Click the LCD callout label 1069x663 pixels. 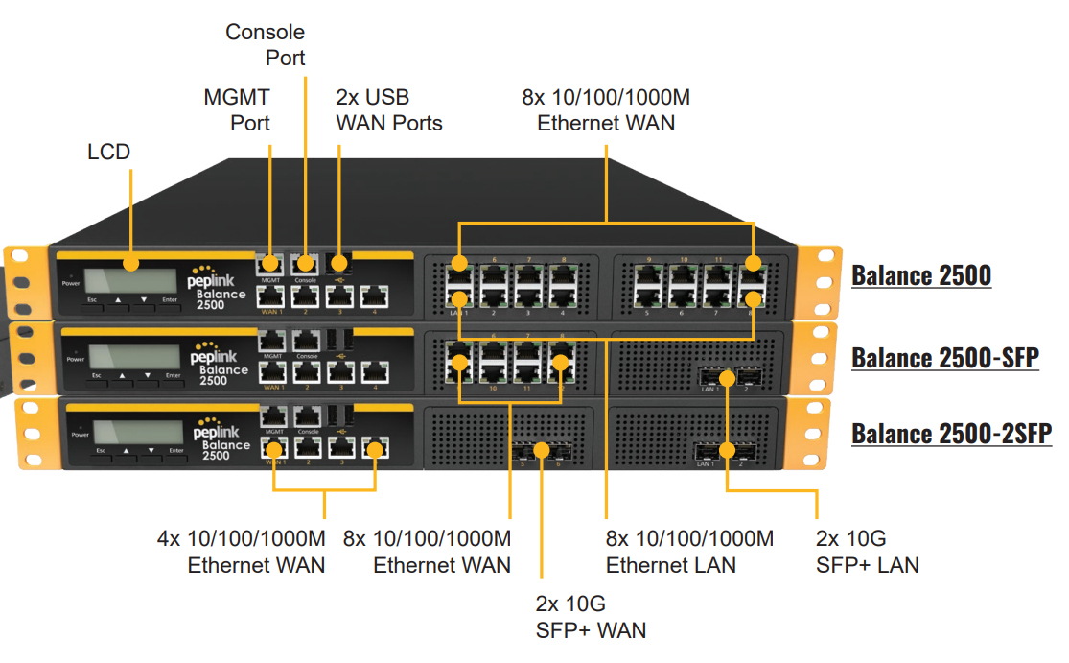[108, 152]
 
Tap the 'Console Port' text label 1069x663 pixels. [266, 45]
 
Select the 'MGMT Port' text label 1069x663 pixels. [237, 109]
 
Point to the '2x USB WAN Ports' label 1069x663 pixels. [389, 109]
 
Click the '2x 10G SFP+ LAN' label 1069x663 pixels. [867, 552]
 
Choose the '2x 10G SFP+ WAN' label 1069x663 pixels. [591, 617]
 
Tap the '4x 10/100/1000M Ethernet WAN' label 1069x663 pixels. [242, 552]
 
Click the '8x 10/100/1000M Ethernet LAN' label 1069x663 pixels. [689, 552]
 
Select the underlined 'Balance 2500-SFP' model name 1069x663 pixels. [944, 358]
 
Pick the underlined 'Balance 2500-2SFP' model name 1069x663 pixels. [951, 433]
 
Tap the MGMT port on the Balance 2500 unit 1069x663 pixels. [271, 264]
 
